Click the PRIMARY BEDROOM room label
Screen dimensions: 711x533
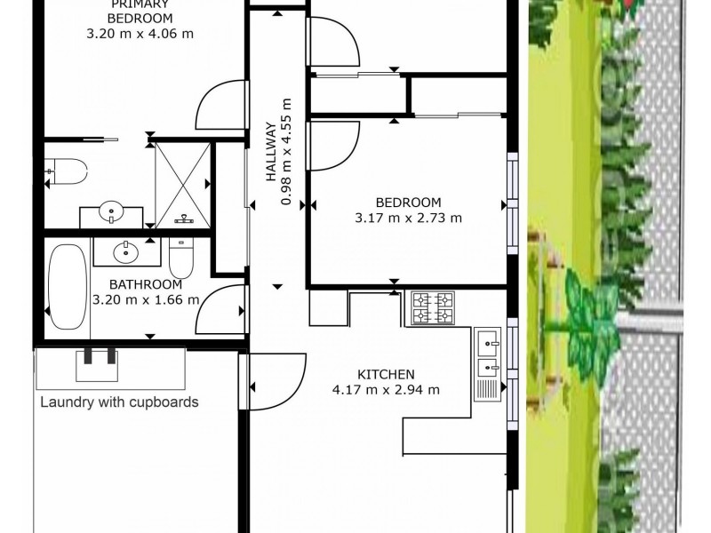pyautogui.click(x=140, y=12)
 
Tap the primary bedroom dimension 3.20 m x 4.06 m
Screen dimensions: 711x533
pyautogui.click(x=140, y=34)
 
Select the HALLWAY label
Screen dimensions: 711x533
pyautogui.click(x=271, y=151)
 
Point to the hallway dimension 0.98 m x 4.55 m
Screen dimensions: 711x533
pyautogui.click(x=286, y=152)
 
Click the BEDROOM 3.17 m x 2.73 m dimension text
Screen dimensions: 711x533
pyautogui.click(x=408, y=218)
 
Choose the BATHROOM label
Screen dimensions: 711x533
pyautogui.click(x=146, y=284)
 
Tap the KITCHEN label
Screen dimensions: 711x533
pyautogui.click(x=386, y=374)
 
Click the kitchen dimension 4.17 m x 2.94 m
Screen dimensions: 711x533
pyautogui.click(x=386, y=390)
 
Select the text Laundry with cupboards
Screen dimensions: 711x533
pyautogui.click(x=119, y=402)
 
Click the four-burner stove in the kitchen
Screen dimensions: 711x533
pyautogui.click(x=433, y=308)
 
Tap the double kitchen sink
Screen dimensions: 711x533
pyautogui.click(x=487, y=364)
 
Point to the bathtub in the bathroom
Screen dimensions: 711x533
pyautogui.click(x=68, y=286)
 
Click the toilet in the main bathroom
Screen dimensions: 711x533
pyautogui.click(x=181, y=258)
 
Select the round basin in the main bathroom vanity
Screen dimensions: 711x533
pyautogui.click(x=126, y=252)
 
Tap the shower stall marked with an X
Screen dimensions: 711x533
pyautogui.click(x=183, y=185)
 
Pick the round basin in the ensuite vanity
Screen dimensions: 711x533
pyautogui.click(x=111, y=212)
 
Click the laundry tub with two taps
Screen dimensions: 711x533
pyautogui.click(x=97, y=365)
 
